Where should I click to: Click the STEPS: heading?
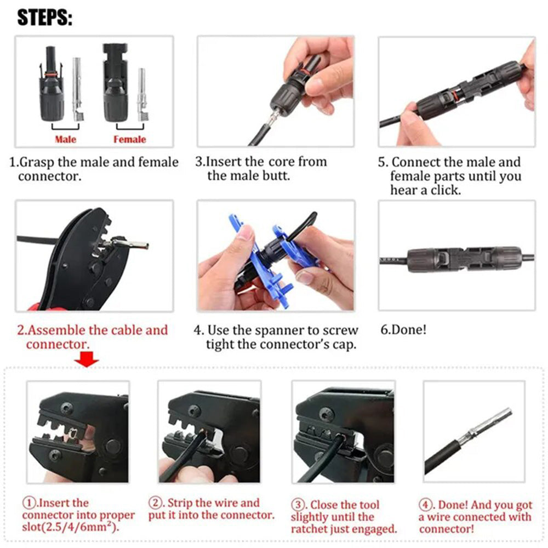[x=44, y=18]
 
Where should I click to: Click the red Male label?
[x=66, y=139]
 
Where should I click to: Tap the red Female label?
[x=129, y=139]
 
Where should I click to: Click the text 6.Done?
[x=403, y=330]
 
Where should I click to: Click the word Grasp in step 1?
[x=44, y=162]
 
